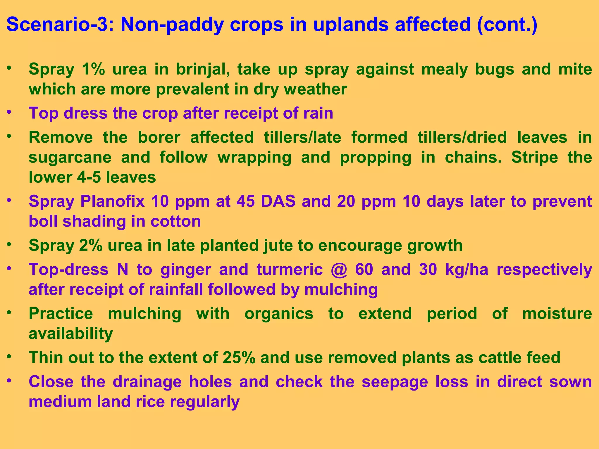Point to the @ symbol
pyautogui.click(x=339, y=270)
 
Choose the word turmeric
pyautogui.click(x=290, y=270)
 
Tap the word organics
pyautogui.click(x=279, y=314)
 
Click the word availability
pyautogui.click(x=71, y=334)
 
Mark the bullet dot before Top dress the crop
pyautogui.click(x=10, y=112)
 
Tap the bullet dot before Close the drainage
pyautogui.click(x=10, y=380)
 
